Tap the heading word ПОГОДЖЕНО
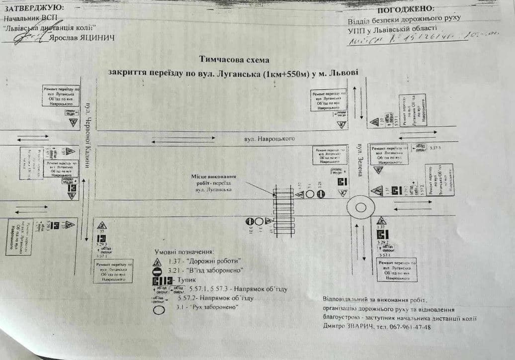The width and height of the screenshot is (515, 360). click(406, 9)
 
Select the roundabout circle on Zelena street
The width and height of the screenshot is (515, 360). click(361, 207)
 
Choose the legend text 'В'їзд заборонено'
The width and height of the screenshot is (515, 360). click(214, 270)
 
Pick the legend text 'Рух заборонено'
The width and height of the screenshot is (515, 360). click(204, 307)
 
